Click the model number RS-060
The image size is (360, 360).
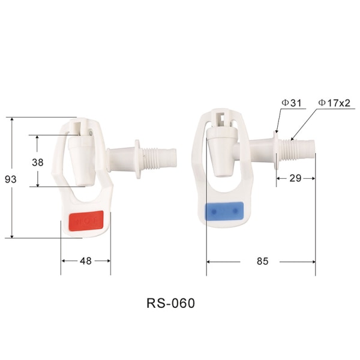[170, 303]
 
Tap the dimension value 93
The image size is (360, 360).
[11, 179]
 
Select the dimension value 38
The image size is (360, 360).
[38, 163]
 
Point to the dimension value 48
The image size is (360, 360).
[86, 261]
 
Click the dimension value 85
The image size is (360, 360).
[262, 261]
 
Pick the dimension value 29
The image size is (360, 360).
[295, 178]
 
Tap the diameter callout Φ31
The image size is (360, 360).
[292, 103]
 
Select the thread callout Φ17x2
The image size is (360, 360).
[334, 103]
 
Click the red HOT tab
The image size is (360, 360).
[86, 221]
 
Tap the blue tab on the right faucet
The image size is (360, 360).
[224, 211]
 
